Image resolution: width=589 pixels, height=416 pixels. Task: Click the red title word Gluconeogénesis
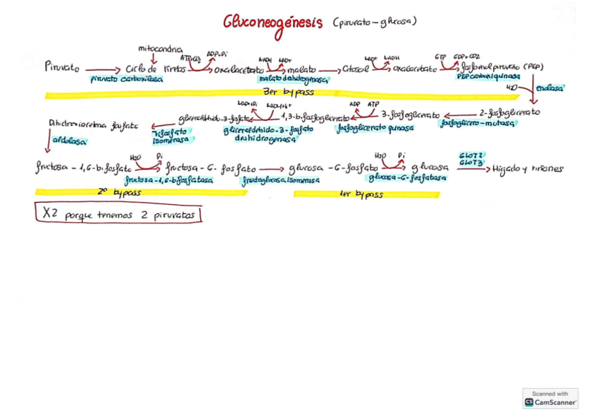pos(272,22)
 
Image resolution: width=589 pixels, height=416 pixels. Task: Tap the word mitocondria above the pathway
pos(160,49)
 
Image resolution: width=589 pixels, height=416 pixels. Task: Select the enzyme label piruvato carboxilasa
pos(126,79)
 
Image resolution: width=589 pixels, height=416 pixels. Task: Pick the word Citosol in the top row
pos(355,69)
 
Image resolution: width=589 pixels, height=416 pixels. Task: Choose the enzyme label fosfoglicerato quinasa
pos(375,128)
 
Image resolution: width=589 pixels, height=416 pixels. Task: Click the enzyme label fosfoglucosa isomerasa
pos(280,179)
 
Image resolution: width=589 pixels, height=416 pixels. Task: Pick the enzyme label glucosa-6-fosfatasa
pos(407,178)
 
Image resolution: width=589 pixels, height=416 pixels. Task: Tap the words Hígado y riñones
pos(528,169)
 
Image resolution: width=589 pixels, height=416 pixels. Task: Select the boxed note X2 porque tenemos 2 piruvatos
pos(118,214)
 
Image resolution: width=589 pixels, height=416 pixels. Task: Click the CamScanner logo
pos(550,398)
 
